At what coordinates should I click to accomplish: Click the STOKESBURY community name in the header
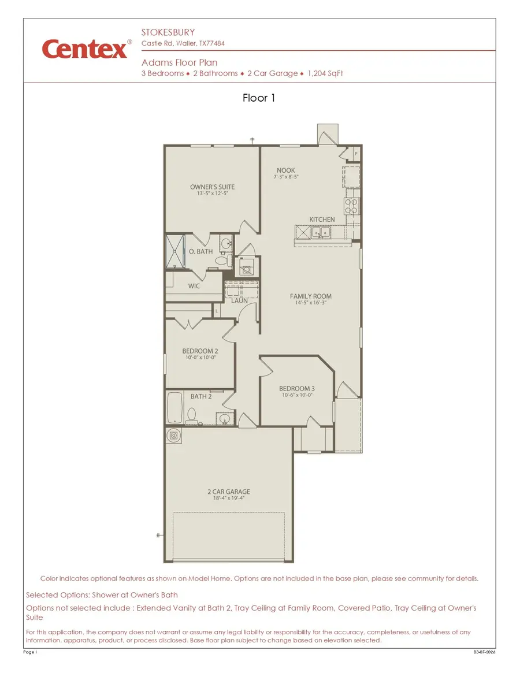[x=168, y=32]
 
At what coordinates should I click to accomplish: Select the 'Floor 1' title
[x=259, y=98]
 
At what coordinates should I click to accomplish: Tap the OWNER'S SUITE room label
[x=212, y=187]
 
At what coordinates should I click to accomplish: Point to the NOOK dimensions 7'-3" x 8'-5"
[x=285, y=177]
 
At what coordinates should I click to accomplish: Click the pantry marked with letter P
[x=356, y=154]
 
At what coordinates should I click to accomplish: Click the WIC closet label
[x=194, y=286]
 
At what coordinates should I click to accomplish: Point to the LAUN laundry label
[x=239, y=300]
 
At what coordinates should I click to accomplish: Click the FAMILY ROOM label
[x=311, y=296]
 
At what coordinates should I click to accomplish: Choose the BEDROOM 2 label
[x=200, y=351]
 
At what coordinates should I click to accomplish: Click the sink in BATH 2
[x=224, y=419]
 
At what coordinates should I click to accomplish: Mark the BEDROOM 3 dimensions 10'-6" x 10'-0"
[x=296, y=395]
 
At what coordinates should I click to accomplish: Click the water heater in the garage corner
[x=173, y=435]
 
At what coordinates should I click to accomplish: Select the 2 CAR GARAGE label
[x=229, y=492]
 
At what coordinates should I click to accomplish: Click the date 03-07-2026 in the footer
[x=484, y=652]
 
